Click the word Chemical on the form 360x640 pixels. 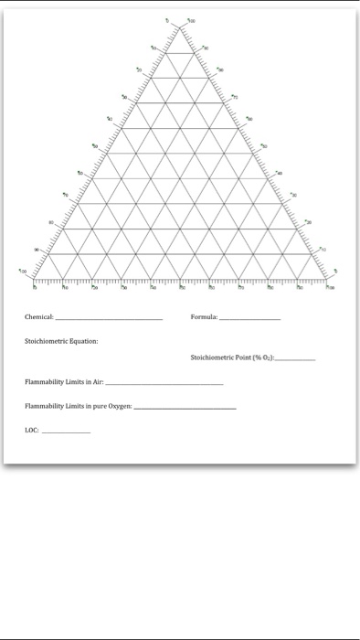pos(39,316)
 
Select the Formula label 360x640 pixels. pos(203,316)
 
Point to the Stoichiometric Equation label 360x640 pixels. pos(61,340)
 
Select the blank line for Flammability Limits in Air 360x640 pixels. pos(164,384)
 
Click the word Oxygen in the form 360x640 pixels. pos(121,405)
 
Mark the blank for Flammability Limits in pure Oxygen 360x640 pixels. pos(185,407)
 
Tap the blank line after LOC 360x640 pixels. pos(66,430)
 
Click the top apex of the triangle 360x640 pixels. pos(180,23)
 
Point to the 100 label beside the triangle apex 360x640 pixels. pos(192,18)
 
